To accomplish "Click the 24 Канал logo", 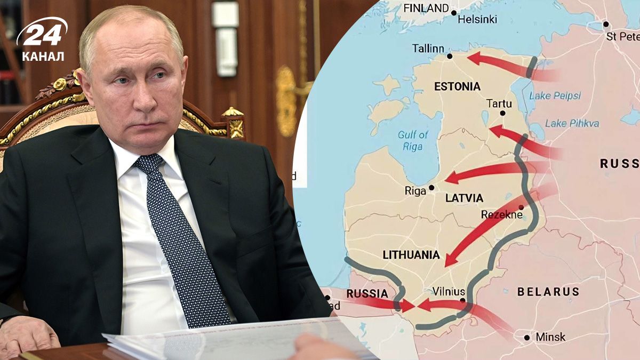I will pos(42,39).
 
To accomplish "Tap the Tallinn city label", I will pos(428,49).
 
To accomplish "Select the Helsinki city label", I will pos(477,20).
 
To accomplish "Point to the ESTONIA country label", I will pos(457,86).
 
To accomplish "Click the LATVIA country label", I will pos(464,198).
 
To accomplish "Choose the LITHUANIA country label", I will pos(411,255).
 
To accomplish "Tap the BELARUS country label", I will pos(548,292).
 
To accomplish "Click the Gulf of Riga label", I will pos(413,140).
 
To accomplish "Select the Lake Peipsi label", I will pos(555,96).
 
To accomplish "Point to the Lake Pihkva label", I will pos(572,123).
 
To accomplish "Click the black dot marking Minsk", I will pos(527,337).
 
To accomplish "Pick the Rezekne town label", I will pos(499,214).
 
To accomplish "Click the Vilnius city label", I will pos(449,292).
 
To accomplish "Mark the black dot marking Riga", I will pos(431,188).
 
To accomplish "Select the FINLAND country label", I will pos(426,8).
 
